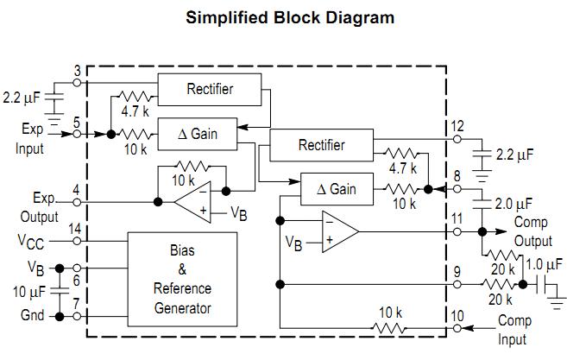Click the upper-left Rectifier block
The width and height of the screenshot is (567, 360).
pos(210,88)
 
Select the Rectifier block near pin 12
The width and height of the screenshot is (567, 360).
pos(321,145)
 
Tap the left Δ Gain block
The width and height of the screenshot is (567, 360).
pos(198,134)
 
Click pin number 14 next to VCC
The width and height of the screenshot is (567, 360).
pos(77,230)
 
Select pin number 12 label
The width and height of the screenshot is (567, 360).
pos(457,128)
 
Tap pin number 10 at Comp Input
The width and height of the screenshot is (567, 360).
pos(457,316)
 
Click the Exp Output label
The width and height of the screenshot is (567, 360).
pos(41,207)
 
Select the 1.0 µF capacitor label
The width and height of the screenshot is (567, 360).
pos(545,264)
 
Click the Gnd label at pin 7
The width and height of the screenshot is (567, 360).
pos(32,316)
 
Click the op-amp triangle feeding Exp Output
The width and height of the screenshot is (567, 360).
pos(195,204)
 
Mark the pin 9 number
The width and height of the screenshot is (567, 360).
pos(457,272)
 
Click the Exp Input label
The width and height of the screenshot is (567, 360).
pos(31,138)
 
